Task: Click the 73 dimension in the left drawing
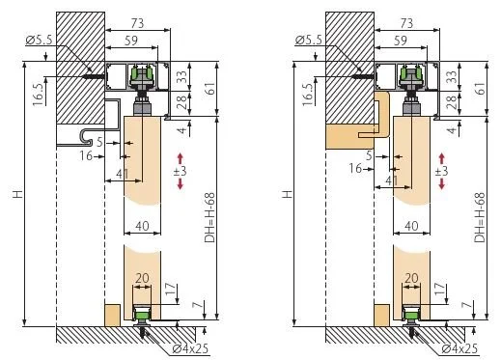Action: coord(137,23)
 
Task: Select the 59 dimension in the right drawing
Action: coord(401,41)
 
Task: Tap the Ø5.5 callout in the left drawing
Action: coord(39,41)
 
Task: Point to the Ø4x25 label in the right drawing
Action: coord(459,348)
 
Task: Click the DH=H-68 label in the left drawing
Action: coord(209,217)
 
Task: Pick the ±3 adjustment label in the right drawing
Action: coord(441,171)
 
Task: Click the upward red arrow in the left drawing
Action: coord(180,158)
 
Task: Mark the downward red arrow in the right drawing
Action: coord(442,183)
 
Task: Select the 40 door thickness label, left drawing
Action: coord(142,226)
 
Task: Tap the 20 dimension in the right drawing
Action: coord(411,278)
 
